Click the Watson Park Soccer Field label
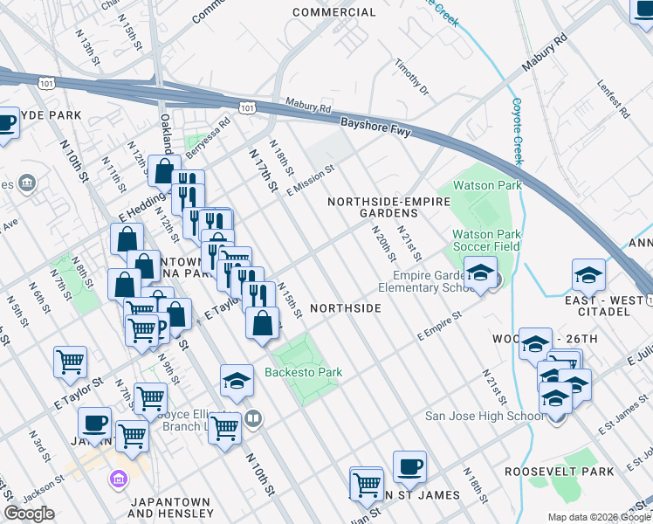click(486, 240)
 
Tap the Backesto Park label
click(303, 373)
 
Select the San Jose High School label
click(484, 416)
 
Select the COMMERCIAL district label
click(334, 12)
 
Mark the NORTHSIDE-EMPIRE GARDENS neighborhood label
click(388, 208)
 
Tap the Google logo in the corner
click(30, 513)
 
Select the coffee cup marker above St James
click(409, 466)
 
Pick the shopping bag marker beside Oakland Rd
click(164, 171)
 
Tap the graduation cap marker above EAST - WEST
click(588, 274)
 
